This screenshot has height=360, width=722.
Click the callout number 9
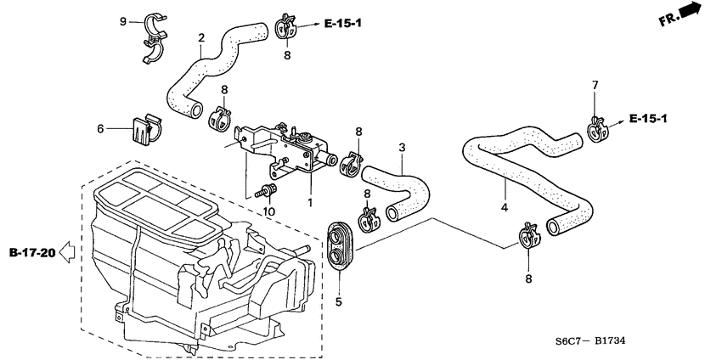point(122,20)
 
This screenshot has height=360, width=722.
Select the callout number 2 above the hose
point(201,37)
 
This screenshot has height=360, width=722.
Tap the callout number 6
point(99,129)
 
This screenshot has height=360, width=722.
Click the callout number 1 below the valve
point(310,203)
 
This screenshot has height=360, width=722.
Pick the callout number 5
point(337,301)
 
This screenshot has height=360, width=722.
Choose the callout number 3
point(402,147)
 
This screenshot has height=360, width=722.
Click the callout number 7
point(595,85)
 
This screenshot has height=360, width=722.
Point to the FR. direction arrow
point(688,14)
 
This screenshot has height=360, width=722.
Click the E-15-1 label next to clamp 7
point(649,118)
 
